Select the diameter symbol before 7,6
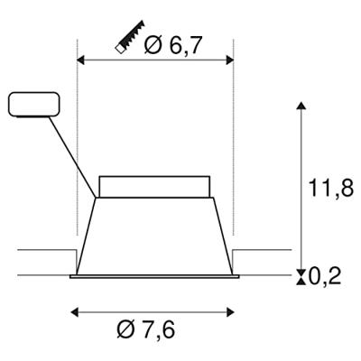coord(125,330)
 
